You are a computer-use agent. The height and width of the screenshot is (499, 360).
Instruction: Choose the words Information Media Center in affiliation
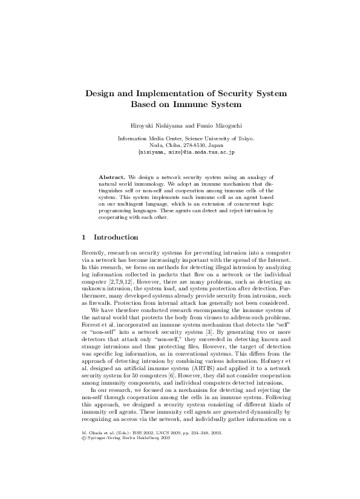point(144,139)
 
